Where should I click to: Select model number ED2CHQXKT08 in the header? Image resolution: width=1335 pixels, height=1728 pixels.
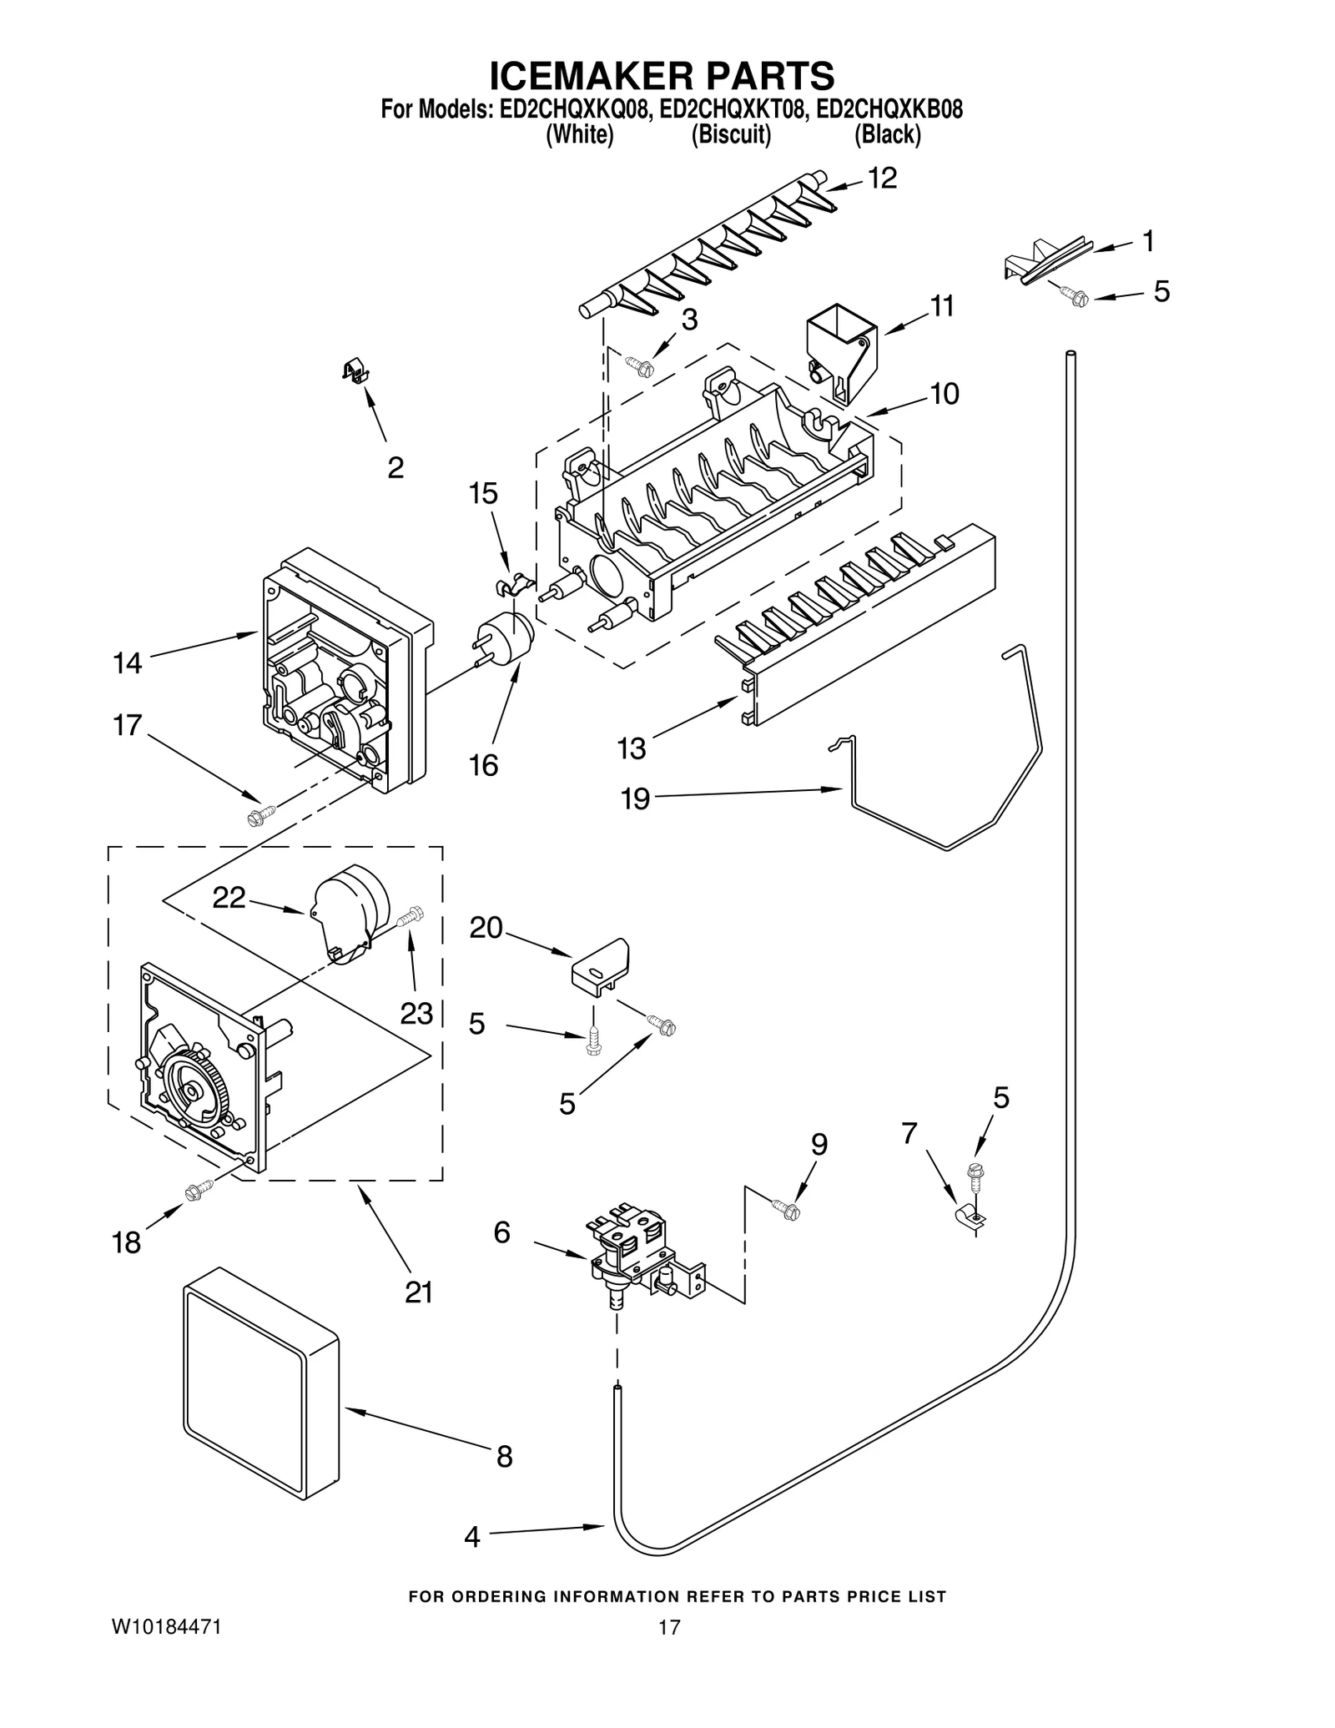coord(733,109)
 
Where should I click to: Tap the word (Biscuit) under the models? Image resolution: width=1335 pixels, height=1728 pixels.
coord(730,134)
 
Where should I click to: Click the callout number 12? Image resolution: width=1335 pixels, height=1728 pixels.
coord(882,178)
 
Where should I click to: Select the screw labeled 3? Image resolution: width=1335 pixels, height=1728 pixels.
coord(641,365)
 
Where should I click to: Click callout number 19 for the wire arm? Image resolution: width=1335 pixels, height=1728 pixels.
coord(635,799)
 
